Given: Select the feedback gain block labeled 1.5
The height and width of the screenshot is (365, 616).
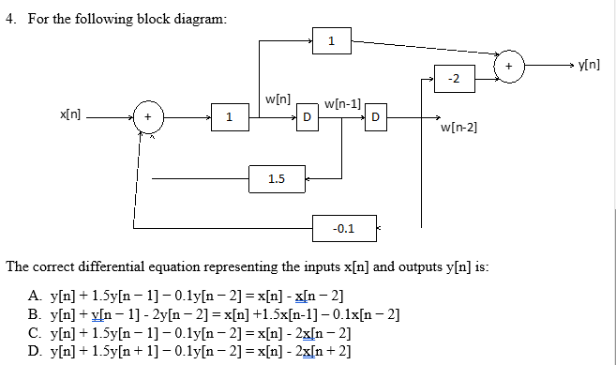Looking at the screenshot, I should (x=277, y=178).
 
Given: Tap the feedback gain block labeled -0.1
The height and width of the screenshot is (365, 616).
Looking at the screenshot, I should (x=344, y=227).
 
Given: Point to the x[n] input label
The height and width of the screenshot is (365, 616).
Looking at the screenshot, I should (x=70, y=114).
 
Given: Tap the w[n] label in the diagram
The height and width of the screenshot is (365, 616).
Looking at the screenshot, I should (x=278, y=98).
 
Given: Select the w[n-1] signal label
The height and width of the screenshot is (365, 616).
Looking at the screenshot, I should (x=342, y=102).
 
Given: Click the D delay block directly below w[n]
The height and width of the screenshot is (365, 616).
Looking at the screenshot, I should (x=305, y=116).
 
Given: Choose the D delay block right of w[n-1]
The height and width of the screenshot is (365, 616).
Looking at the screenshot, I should (x=375, y=116).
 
